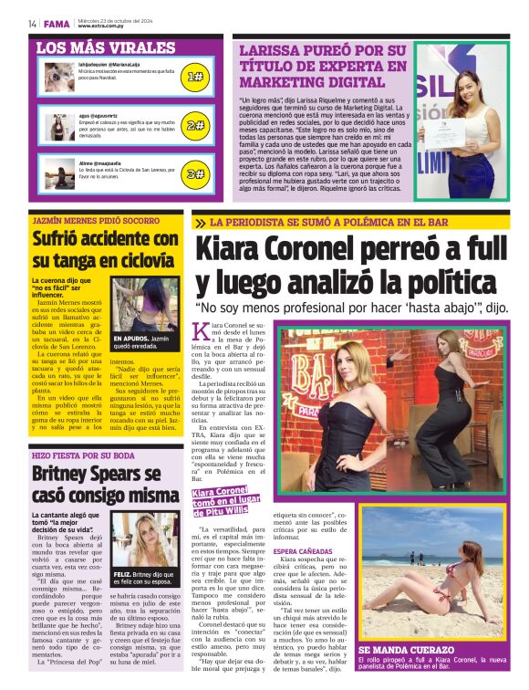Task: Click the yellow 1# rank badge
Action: [194, 77]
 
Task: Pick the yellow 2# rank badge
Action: [194, 125]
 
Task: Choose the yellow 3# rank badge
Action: [194, 172]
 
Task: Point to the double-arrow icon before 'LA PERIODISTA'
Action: [200, 223]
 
